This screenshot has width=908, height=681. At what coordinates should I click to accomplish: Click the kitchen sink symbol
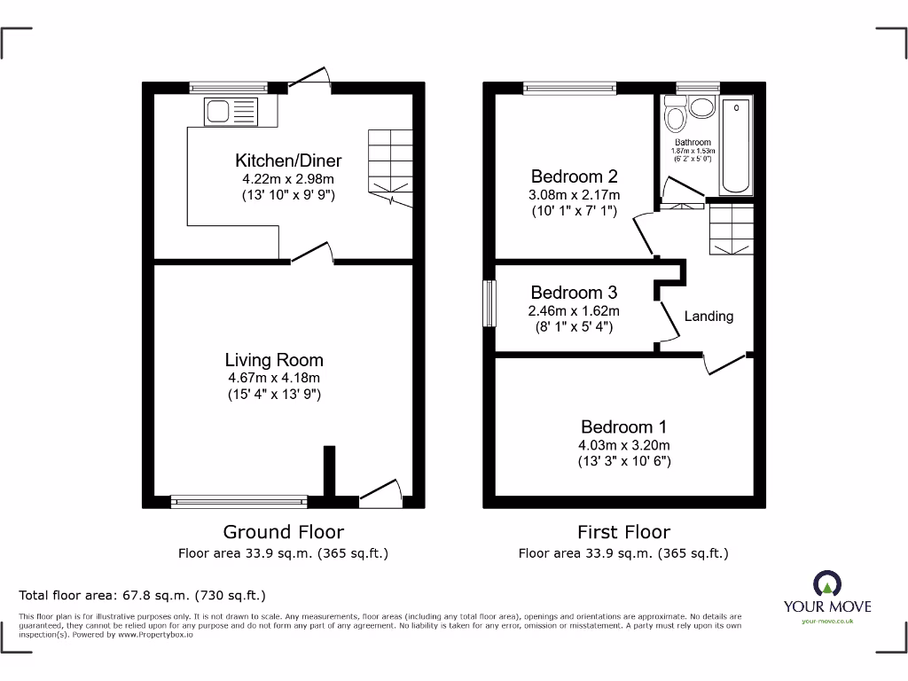[231, 112]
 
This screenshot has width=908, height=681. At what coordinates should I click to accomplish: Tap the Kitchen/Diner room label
[287, 160]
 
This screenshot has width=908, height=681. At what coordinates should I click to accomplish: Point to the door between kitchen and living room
[311, 254]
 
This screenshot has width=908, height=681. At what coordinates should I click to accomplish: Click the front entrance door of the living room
[380, 492]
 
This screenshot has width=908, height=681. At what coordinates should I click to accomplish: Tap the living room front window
[240, 502]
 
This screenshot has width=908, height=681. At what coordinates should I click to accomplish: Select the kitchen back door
[310, 80]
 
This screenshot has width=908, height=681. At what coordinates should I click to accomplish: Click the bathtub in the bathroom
[736, 146]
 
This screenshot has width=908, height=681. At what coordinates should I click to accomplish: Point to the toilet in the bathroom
[675, 117]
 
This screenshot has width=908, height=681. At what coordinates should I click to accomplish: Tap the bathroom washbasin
[703, 108]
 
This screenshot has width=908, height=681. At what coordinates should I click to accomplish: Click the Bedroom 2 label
[575, 176]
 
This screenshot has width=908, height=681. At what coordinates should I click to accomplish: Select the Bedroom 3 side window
[488, 304]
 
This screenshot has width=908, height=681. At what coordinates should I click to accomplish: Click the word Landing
[708, 316]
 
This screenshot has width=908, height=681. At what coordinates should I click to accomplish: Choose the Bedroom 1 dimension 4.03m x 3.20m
[625, 445]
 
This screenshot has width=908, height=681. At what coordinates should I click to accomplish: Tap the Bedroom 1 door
[725, 364]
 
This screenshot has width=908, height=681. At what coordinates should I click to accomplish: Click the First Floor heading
[623, 532]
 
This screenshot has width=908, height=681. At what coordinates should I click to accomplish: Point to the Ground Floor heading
[283, 532]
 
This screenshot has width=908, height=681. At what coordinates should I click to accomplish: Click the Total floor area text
[142, 595]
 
